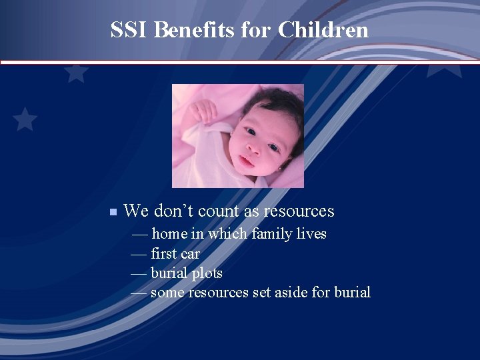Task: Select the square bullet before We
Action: (113, 212)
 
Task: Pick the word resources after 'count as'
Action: (298, 211)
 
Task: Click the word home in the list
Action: (169, 234)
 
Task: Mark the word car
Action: (191, 254)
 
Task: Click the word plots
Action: (207, 273)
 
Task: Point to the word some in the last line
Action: (168, 293)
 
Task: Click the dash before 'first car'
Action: (139, 254)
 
